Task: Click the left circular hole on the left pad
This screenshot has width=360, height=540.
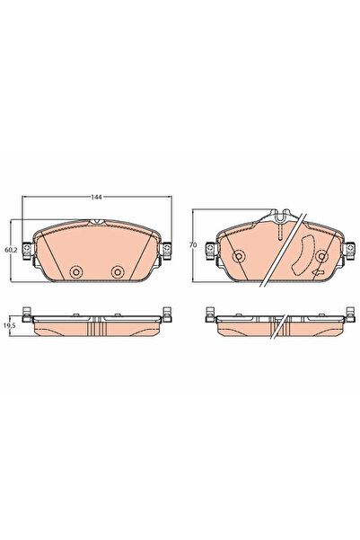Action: pyautogui.click(x=76, y=272)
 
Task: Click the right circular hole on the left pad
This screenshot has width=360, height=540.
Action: pyautogui.click(x=117, y=272)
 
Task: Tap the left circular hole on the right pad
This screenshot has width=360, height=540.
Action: pyautogui.click(x=239, y=257)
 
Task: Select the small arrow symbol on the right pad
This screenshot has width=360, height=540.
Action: pyautogui.click(x=317, y=273)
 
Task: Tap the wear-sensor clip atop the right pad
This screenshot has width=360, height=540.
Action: pyautogui.click(x=280, y=217)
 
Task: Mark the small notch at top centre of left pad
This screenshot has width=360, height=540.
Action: pyautogui.click(x=98, y=221)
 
